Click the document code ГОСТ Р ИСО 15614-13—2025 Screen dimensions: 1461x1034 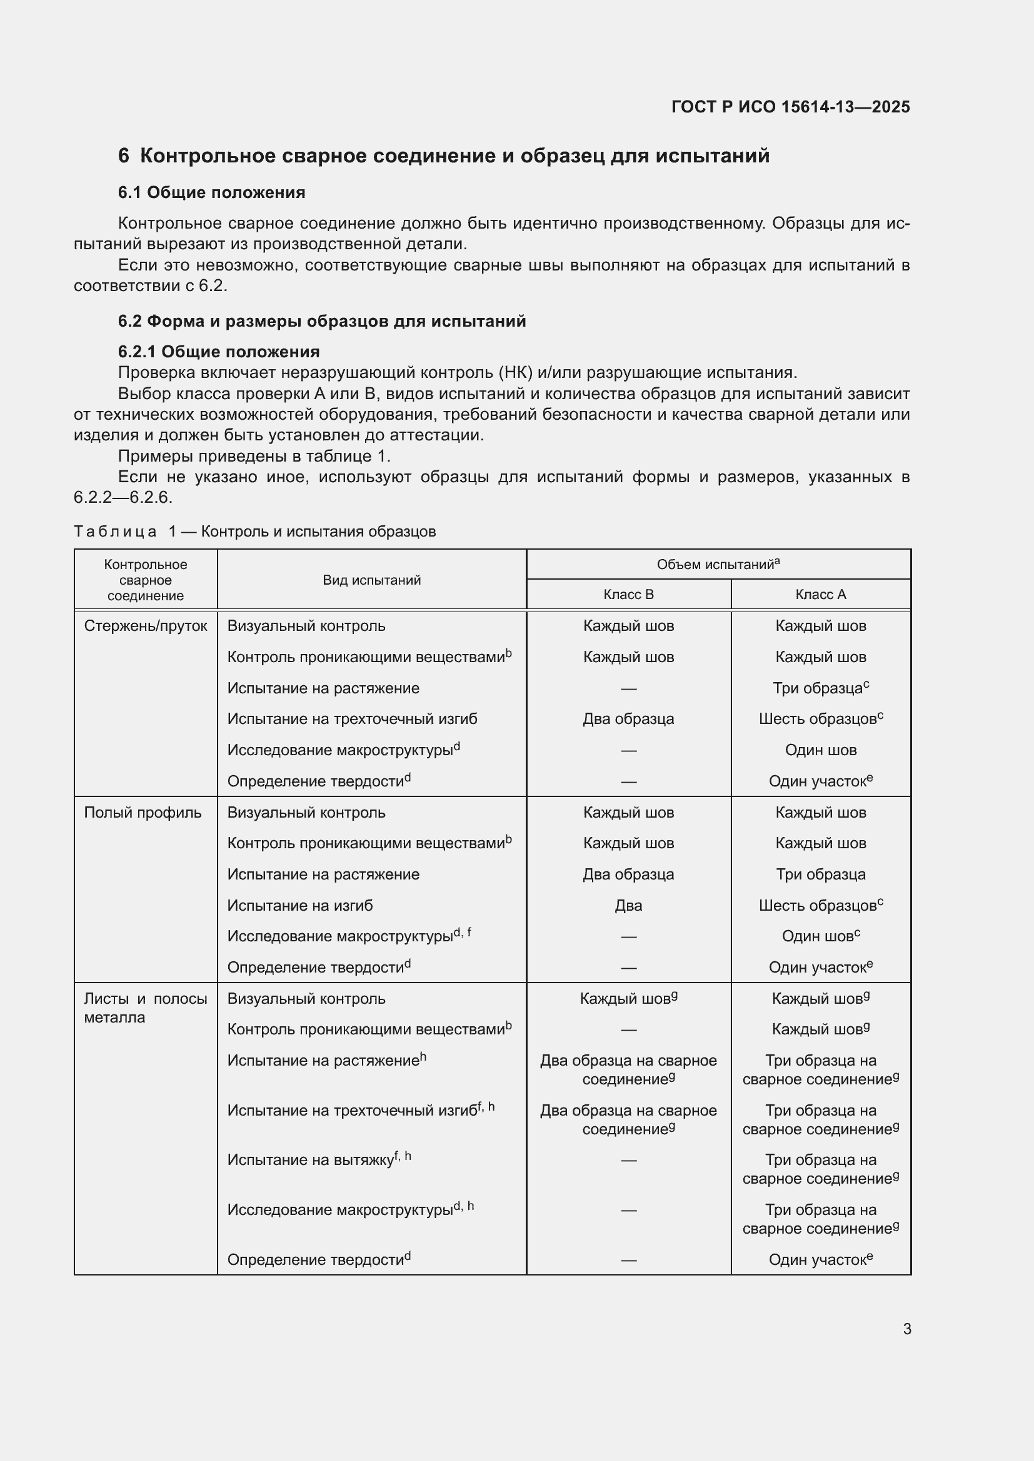tap(790, 107)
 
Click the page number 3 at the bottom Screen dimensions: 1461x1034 tap(906, 1329)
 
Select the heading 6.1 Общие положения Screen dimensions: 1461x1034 tap(211, 193)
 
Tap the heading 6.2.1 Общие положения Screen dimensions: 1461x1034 tap(218, 352)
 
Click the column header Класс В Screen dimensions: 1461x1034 tap(628, 594)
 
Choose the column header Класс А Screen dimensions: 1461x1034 tap(820, 594)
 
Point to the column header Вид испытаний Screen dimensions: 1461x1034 tap(371, 580)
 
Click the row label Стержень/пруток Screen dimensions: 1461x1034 tap(145, 626)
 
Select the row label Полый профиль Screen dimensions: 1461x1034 tap(143, 813)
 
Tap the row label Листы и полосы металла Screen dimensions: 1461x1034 tap(145, 1008)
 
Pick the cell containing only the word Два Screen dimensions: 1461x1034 tap(628, 906)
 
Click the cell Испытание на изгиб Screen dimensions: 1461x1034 tap(300, 906)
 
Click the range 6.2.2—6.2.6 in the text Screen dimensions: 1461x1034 tap(123, 498)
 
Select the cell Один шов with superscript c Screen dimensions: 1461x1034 tap(820, 936)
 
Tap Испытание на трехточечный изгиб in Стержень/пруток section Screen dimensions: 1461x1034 tap(352, 719)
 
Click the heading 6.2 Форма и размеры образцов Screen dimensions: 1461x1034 tap(321, 321)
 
